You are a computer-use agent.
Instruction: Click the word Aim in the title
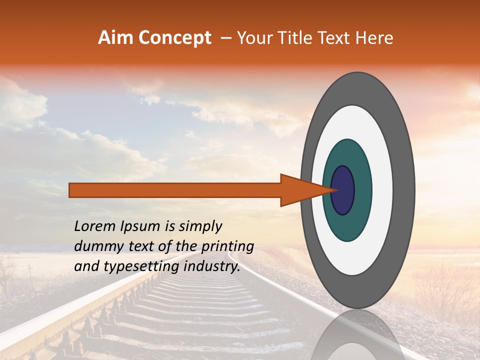point(115,38)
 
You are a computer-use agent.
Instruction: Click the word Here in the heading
point(375,38)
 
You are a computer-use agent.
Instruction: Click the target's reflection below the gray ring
point(357,337)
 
